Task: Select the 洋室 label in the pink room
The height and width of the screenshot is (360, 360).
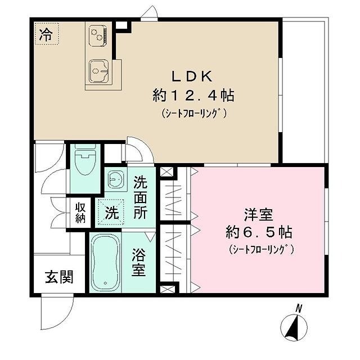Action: (x=258, y=215)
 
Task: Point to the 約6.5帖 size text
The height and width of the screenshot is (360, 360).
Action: (x=258, y=232)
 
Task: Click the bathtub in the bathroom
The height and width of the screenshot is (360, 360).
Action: (x=103, y=263)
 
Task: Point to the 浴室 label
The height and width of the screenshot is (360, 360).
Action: (x=139, y=262)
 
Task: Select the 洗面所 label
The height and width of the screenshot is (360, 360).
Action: (x=141, y=197)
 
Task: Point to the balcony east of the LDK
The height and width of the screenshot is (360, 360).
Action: (x=304, y=90)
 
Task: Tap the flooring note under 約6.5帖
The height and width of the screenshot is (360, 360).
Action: (x=258, y=248)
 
